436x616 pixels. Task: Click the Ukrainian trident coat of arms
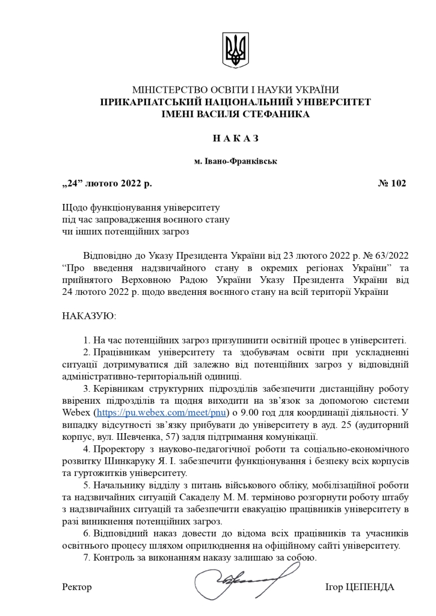pyautogui.click(x=235, y=51)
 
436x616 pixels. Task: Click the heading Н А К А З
pyautogui.click(x=235, y=138)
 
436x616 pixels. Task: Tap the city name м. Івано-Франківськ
pyautogui.click(x=235, y=161)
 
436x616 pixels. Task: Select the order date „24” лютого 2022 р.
pyautogui.click(x=111, y=183)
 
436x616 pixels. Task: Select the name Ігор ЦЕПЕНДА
pyautogui.click(x=359, y=587)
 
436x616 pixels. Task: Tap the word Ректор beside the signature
pyautogui.click(x=77, y=587)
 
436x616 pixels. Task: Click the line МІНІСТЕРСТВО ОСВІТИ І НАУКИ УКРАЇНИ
pyautogui.click(x=235, y=90)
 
